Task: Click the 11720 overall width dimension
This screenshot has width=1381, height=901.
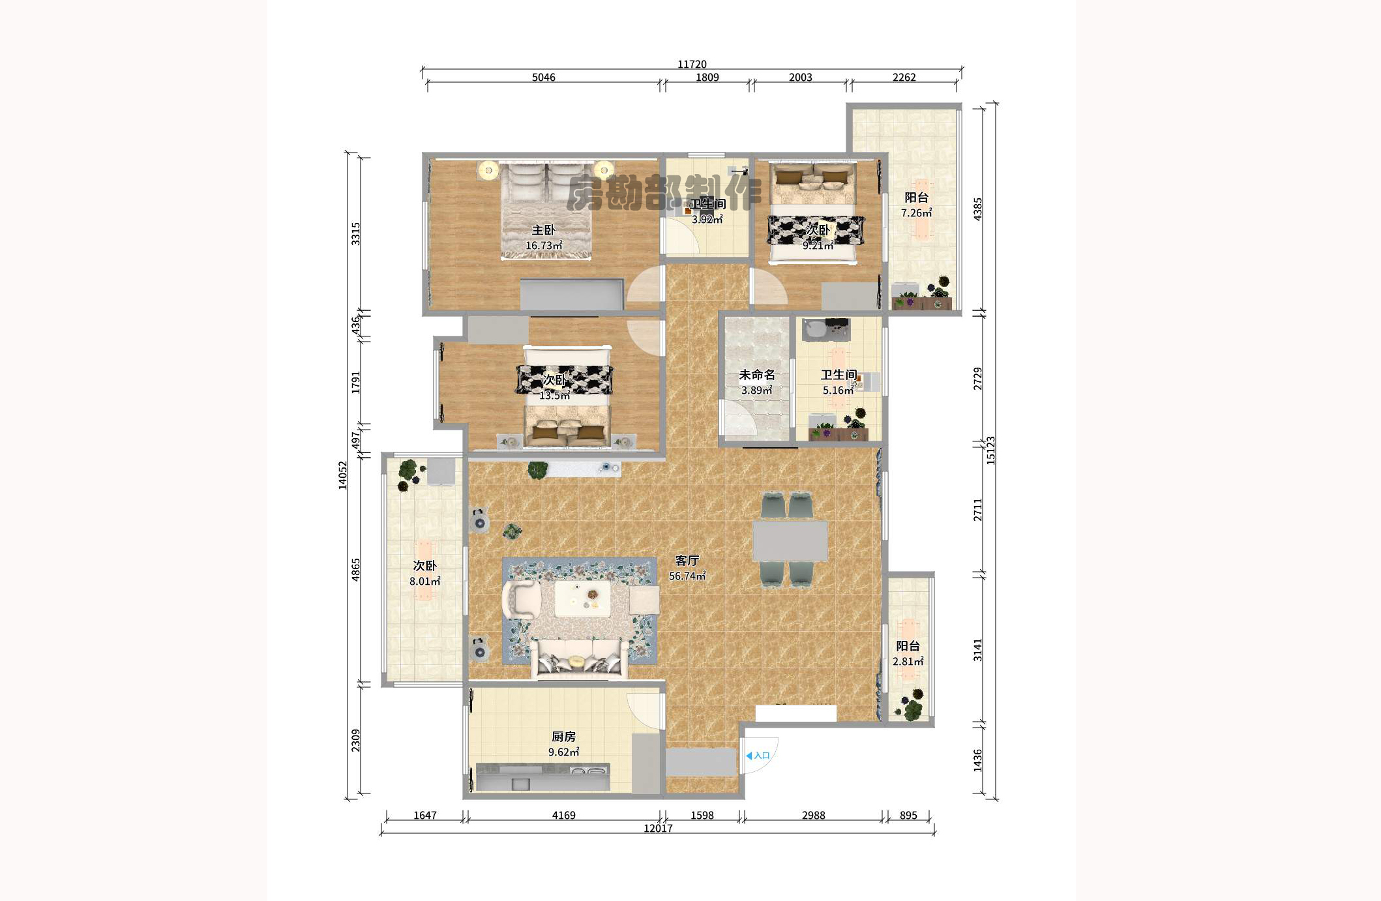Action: click(x=692, y=64)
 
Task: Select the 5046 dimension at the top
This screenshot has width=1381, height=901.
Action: click(x=543, y=77)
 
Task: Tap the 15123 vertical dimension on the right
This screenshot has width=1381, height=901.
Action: click(x=990, y=450)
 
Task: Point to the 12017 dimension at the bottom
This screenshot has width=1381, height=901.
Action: click(x=658, y=828)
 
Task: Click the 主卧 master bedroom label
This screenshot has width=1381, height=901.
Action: click(x=543, y=229)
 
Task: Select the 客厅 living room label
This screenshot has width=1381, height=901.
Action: click(x=687, y=560)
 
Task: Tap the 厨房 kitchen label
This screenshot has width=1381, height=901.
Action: click(x=563, y=736)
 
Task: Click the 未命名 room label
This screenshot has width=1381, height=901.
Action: click(x=757, y=375)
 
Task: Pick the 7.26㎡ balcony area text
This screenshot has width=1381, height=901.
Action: click(x=916, y=213)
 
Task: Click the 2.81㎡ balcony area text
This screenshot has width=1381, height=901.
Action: click(x=908, y=661)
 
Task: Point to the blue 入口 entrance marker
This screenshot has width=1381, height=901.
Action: click(x=758, y=756)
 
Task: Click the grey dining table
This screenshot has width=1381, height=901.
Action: click(x=790, y=540)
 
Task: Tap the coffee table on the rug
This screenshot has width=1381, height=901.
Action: click(x=582, y=598)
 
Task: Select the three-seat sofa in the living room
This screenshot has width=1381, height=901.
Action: click(x=580, y=659)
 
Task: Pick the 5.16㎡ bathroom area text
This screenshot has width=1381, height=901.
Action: click(x=838, y=390)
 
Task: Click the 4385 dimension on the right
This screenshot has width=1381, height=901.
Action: click(x=977, y=209)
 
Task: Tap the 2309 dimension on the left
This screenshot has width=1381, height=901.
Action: click(x=355, y=740)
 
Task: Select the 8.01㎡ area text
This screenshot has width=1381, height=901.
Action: click(x=424, y=581)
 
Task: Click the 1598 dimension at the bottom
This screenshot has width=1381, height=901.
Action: click(x=702, y=815)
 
